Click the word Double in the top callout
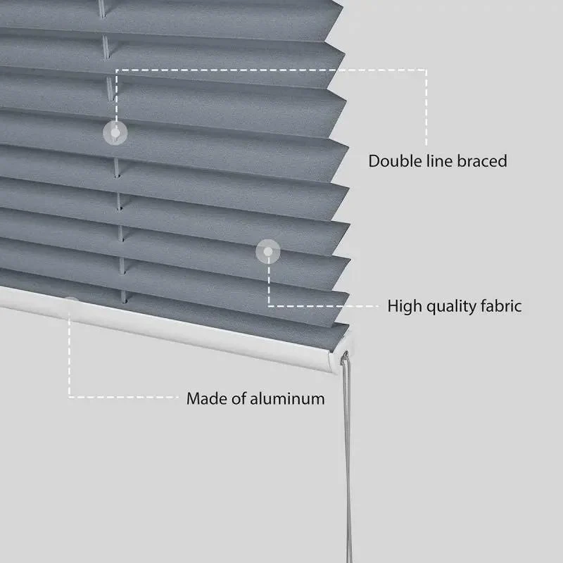tap(395, 161)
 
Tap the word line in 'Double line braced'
tap(438, 161)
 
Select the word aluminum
tap(287, 399)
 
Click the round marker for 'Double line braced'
tap(115, 133)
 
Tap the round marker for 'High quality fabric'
tap(268, 252)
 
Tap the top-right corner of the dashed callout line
tap(426, 70)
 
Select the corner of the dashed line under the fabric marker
tap(269, 306)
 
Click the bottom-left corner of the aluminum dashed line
tap(69, 397)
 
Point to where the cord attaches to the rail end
tap(346, 355)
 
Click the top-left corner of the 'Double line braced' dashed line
tap(116, 70)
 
